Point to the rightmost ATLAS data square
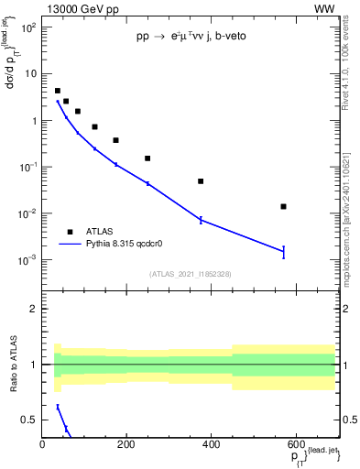[284, 206]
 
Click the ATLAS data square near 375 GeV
[201, 181]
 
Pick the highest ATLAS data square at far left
[58, 91]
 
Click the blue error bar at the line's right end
[284, 251]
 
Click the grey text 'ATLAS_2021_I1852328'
[189, 274]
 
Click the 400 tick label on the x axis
[210, 445]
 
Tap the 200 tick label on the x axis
[125, 445]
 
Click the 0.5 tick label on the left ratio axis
[29, 420]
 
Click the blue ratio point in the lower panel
[58, 407]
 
